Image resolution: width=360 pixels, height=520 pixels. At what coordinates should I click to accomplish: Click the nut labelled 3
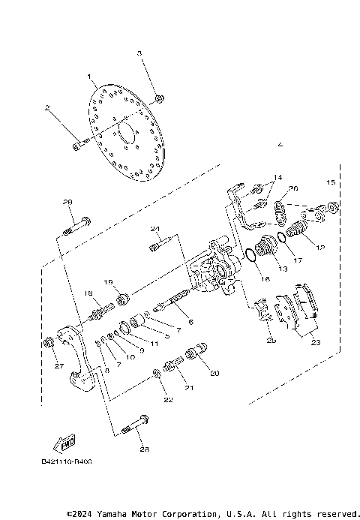pos(160,98)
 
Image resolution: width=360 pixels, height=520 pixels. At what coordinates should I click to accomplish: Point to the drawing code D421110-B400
pos(71,463)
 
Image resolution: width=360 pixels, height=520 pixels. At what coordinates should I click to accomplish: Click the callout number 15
pos(330,182)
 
